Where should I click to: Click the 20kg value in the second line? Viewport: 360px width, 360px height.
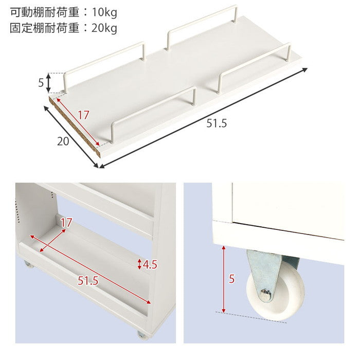click(x=103, y=28)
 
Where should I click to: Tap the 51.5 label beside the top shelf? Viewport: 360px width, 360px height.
click(x=216, y=124)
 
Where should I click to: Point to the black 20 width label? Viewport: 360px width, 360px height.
click(x=63, y=141)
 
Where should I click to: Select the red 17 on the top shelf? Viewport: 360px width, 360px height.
click(x=84, y=115)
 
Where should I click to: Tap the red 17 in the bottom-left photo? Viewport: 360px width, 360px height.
click(x=66, y=223)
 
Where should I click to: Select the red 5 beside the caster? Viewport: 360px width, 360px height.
click(x=231, y=279)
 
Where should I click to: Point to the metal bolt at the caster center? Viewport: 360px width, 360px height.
click(x=265, y=295)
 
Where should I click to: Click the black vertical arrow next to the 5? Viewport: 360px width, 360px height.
click(x=49, y=82)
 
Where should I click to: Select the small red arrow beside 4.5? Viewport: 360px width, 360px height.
click(x=140, y=265)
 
